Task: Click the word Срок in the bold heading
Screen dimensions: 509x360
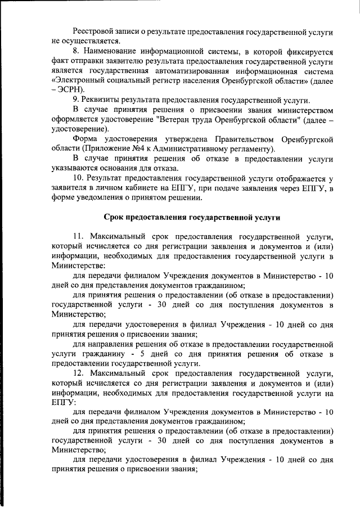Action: (117, 217)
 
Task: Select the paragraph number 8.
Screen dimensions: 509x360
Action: (76, 51)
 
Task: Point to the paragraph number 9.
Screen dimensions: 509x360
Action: (76, 99)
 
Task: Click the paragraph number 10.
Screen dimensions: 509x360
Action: (79, 178)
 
